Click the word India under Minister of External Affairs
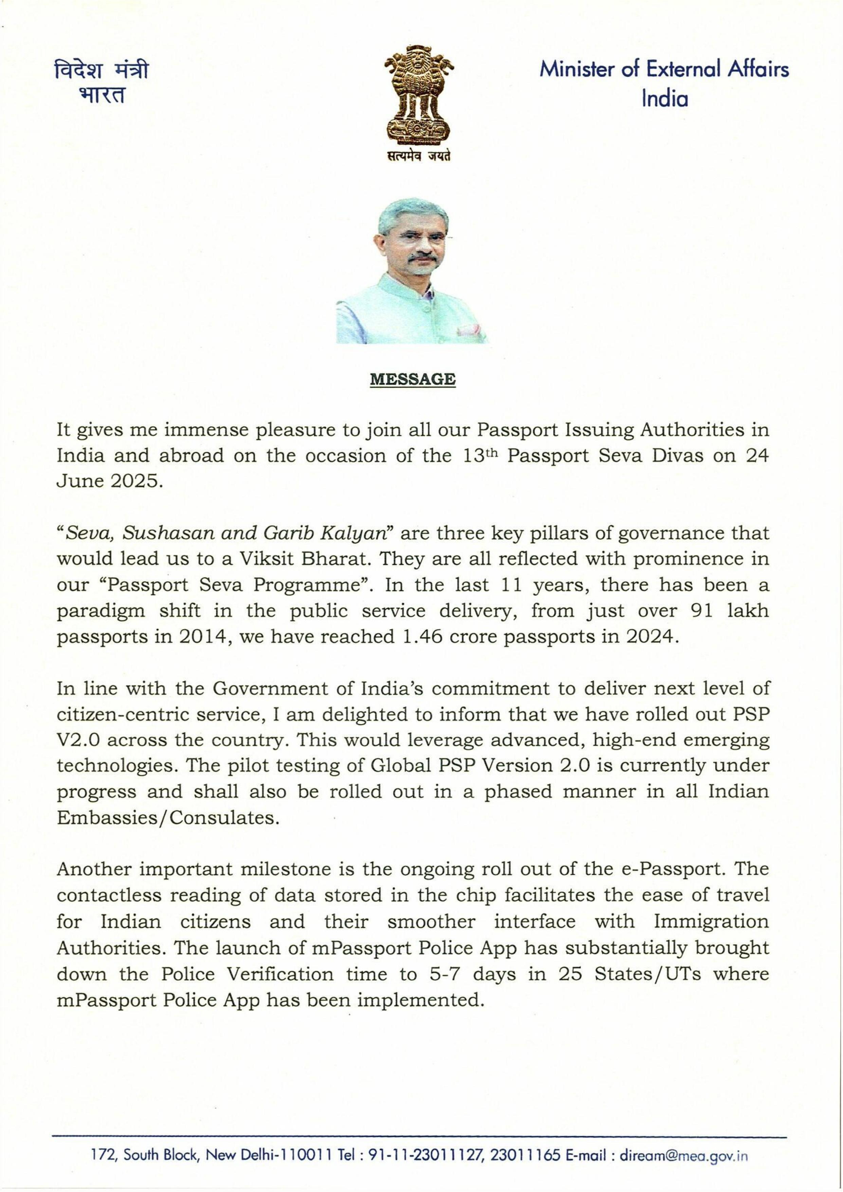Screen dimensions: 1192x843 coord(664,98)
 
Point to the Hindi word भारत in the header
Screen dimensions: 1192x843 coord(102,95)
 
